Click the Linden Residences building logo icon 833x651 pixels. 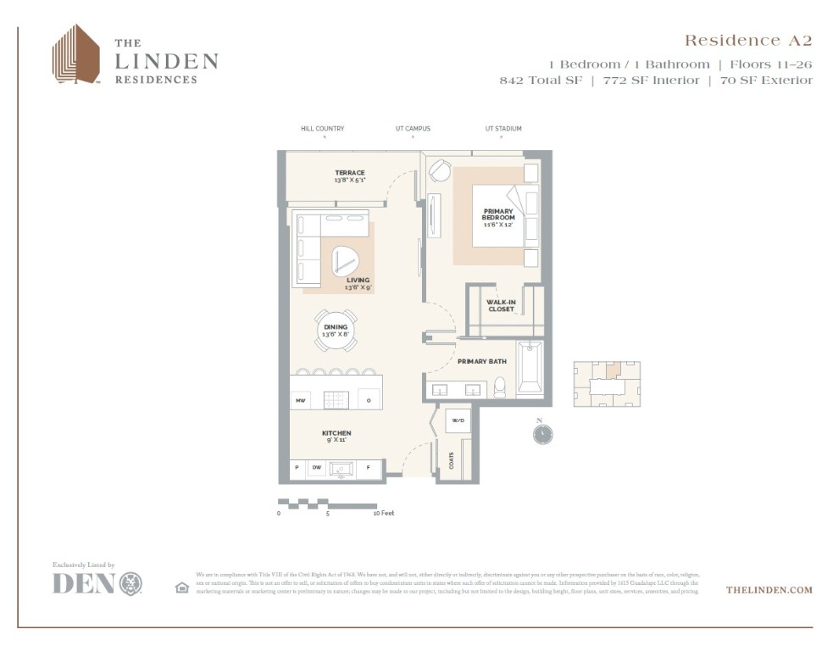[x=75, y=54]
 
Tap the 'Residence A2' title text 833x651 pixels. [x=747, y=41]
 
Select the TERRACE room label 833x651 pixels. [x=349, y=175]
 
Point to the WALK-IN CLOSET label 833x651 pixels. [x=500, y=305]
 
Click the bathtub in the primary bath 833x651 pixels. [x=530, y=369]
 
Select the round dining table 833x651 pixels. [x=336, y=331]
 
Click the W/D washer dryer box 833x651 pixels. [x=458, y=420]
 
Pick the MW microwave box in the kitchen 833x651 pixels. [x=300, y=399]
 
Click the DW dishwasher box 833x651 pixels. [x=317, y=467]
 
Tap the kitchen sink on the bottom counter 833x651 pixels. [x=342, y=468]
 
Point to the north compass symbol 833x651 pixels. [x=542, y=433]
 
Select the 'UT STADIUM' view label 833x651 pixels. [x=503, y=129]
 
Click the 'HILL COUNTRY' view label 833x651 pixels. [x=322, y=129]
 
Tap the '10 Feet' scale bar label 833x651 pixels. [x=384, y=513]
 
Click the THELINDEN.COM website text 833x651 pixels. [x=769, y=589]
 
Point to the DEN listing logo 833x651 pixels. [x=97, y=583]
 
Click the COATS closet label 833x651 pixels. [x=451, y=460]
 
